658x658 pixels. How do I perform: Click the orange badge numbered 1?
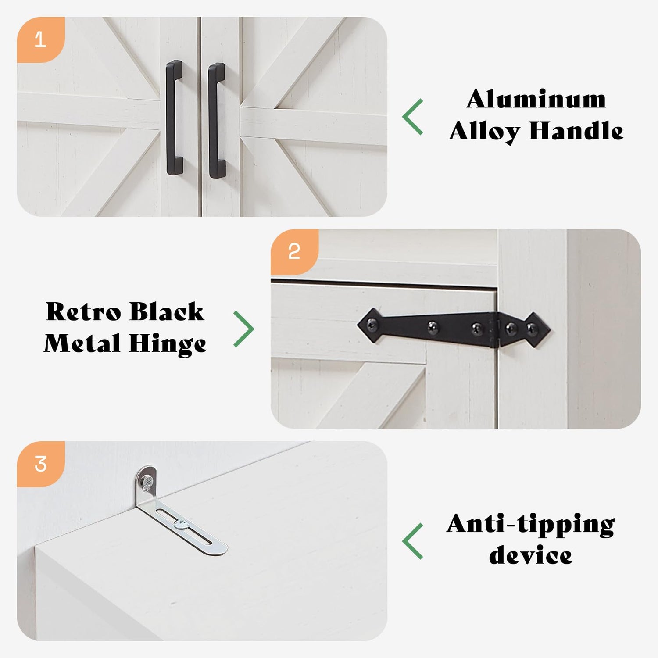40,39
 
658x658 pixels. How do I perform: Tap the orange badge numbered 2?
294,252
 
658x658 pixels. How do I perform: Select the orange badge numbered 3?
40,464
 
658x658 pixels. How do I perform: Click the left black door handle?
174,118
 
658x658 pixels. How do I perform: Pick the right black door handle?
217,121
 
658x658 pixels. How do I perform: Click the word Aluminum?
536,99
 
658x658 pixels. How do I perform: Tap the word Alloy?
484,132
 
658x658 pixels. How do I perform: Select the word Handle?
576,131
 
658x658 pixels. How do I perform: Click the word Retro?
83,312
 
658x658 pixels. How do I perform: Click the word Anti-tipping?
531,525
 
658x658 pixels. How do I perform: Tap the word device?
530,555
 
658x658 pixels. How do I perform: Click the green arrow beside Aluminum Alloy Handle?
413,117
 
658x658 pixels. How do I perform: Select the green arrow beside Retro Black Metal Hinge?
244,329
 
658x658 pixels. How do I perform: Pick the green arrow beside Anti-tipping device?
413,541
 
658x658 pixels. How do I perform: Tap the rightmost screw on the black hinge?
532,327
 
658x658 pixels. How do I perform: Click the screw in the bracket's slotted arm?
181,523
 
